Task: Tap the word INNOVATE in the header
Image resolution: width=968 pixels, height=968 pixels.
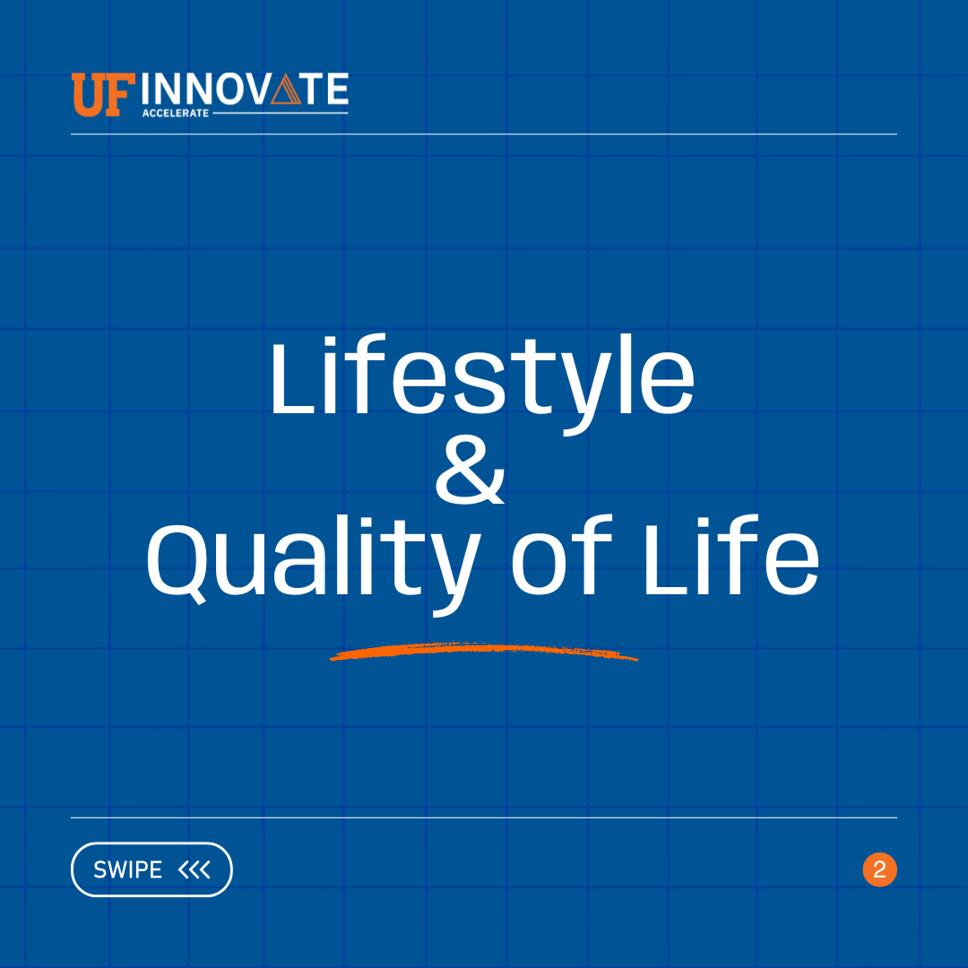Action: click(245, 90)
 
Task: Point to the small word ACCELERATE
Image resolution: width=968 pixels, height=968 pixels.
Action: click(175, 114)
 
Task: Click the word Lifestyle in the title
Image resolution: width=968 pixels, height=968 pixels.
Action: click(481, 381)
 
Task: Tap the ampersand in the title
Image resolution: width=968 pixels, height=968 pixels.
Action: click(470, 472)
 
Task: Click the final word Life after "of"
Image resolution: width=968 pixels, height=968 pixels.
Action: click(730, 560)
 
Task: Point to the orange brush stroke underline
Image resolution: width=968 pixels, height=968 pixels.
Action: click(484, 652)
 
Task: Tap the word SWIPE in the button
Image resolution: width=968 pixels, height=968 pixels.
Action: click(127, 869)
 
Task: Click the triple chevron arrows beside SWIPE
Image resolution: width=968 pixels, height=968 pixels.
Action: click(194, 869)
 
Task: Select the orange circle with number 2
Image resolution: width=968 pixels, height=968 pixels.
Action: click(879, 869)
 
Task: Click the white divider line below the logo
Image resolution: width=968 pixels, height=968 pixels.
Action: click(484, 134)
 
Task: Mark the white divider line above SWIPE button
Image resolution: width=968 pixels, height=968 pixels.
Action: click(484, 817)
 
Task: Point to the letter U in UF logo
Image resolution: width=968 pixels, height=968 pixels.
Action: click(89, 95)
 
